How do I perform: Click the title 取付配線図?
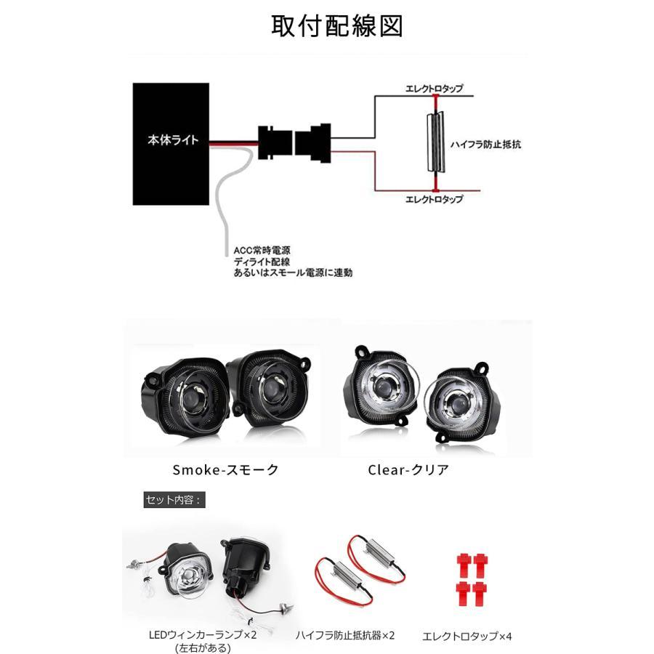(x=337, y=26)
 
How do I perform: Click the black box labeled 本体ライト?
(x=171, y=144)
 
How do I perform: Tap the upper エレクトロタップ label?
(x=435, y=89)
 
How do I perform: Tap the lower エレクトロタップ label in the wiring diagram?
(x=435, y=199)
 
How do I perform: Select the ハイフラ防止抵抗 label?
(x=485, y=145)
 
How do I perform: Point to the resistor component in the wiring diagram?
(x=436, y=142)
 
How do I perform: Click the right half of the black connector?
(x=313, y=143)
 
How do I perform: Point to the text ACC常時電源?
(x=262, y=251)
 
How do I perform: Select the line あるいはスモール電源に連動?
(x=294, y=272)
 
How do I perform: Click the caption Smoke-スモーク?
(x=226, y=470)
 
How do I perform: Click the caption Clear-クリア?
(x=408, y=470)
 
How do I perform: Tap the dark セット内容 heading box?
(x=174, y=500)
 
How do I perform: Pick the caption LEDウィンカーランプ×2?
(x=203, y=635)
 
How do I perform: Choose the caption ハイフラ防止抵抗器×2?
(x=345, y=636)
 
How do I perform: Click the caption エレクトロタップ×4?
(x=467, y=637)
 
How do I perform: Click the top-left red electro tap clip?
(x=464, y=565)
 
